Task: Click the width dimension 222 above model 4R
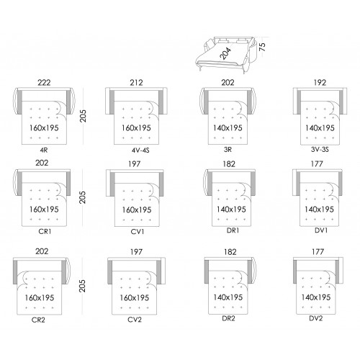[x=44, y=83]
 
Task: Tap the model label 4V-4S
[x=140, y=150]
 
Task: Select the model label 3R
[x=228, y=150]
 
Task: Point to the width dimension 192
[x=320, y=83]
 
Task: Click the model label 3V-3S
[x=320, y=150]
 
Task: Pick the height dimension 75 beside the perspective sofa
[x=263, y=47]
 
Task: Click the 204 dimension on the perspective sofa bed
[x=225, y=53]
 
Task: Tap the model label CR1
[x=45, y=232]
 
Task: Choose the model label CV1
[x=138, y=232]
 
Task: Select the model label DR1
[x=233, y=230]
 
